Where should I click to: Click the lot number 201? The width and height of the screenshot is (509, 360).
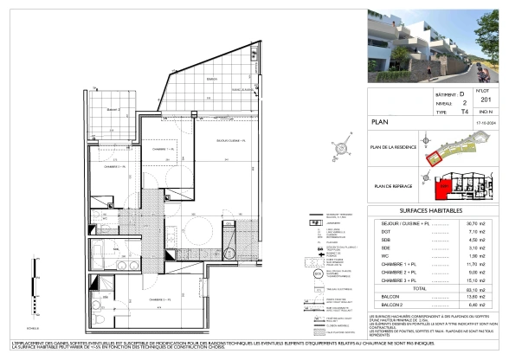(484, 100)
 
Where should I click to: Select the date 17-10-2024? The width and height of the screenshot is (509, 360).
(484, 123)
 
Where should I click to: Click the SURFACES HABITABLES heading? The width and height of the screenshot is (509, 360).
(430, 211)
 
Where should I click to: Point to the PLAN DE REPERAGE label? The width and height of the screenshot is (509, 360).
(394, 185)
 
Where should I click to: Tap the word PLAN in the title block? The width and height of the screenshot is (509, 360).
(380, 123)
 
